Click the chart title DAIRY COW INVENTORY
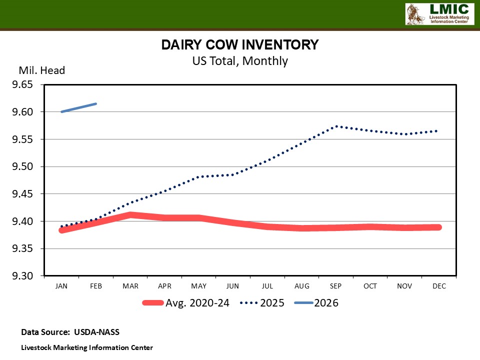(x=239, y=44)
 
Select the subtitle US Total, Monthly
(x=240, y=61)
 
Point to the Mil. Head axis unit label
(x=42, y=70)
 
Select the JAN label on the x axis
(x=62, y=286)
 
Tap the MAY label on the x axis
(x=198, y=286)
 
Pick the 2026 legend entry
(x=326, y=303)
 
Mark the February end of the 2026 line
(x=96, y=104)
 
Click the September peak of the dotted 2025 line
(x=336, y=126)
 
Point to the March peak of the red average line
(x=130, y=215)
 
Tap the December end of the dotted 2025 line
(x=437, y=131)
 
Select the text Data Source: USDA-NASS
(x=70, y=332)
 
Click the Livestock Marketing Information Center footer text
(x=86, y=347)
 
